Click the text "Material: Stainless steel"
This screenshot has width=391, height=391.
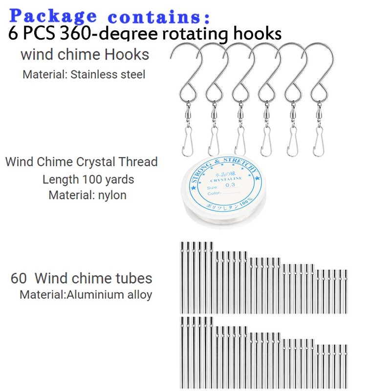click(84, 75)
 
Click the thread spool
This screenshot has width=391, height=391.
click(226, 192)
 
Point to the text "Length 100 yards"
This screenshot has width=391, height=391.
click(88, 179)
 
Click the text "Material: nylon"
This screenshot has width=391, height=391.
click(87, 195)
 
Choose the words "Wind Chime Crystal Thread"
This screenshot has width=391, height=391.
click(81, 162)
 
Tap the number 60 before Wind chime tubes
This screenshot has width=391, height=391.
click(19, 279)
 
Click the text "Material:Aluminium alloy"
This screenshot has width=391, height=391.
click(86, 295)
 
